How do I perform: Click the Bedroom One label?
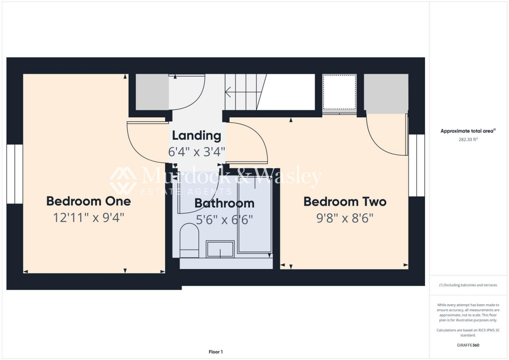coord(88,201)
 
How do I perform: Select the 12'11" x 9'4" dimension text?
coord(88,217)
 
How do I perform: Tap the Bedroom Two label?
coord(345,201)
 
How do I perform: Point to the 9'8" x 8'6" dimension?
coord(345,217)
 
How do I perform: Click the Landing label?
coord(196,135)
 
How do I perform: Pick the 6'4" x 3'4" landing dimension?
coord(196,151)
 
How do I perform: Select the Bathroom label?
coord(224,203)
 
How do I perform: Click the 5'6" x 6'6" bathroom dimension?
coord(224,219)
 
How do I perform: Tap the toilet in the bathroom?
coord(189,239)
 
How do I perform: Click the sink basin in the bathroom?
coord(220,249)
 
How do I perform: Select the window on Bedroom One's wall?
coord(14,174)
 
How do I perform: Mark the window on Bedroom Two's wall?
coord(417,165)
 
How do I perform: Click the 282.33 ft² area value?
coord(467,140)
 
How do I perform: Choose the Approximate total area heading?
coord(467,131)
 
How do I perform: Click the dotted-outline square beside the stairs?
coord(339,91)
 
